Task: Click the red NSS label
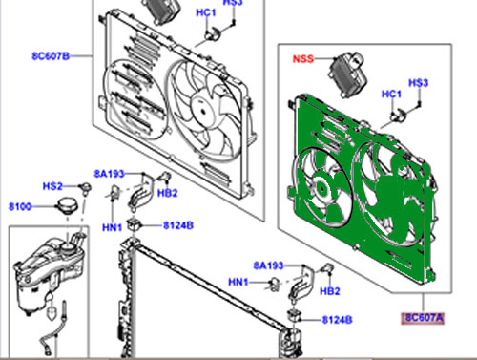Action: click(x=303, y=59)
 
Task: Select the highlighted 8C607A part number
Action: click(x=424, y=318)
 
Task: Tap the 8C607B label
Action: click(x=51, y=56)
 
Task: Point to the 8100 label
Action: click(x=20, y=207)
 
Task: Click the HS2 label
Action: click(x=52, y=186)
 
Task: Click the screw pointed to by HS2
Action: click(x=86, y=187)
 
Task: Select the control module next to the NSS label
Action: click(x=347, y=74)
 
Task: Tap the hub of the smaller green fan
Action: click(x=322, y=189)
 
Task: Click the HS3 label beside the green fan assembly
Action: click(x=418, y=83)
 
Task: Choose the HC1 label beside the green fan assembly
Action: click(x=391, y=95)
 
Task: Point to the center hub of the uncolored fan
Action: click(x=201, y=111)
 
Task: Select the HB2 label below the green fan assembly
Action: click(x=330, y=291)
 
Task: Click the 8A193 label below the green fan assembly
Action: click(x=268, y=265)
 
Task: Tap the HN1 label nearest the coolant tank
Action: click(x=112, y=227)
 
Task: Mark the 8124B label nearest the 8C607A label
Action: click(x=337, y=320)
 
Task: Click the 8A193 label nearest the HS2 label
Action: click(x=109, y=174)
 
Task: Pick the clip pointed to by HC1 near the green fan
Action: click(x=398, y=115)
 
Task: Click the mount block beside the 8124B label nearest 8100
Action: click(x=134, y=224)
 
